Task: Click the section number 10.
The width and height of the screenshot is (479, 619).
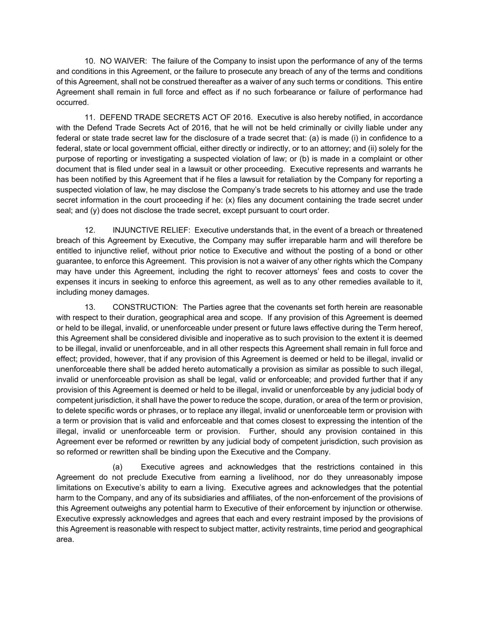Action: point(89,61)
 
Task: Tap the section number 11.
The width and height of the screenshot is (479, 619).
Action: point(89,117)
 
